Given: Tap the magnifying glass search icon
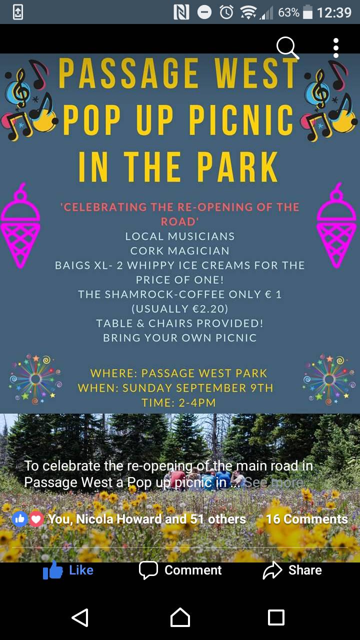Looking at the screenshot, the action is [287, 47].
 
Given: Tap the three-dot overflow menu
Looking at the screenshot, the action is [336, 48].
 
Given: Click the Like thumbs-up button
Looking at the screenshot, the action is [52, 570].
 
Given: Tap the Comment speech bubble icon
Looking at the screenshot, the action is [148, 570].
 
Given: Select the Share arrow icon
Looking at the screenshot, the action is [272, 570].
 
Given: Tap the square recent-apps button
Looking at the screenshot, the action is [276, 617].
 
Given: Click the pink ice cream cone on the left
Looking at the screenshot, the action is [20, 225].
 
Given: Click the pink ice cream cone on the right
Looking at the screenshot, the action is [336, 225].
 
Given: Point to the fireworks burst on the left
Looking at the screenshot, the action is [35, 379].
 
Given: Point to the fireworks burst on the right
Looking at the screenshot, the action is [329, 379].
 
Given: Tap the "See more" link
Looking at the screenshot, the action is [273, 482].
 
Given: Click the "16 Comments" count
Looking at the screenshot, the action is [307, 519].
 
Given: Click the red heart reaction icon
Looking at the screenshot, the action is [36, 519].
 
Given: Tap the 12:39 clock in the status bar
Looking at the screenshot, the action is [334, 12].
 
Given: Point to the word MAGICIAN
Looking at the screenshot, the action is [198, 251].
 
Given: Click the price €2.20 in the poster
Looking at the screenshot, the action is [208, 309].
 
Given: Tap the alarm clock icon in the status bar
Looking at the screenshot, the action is [226, 12].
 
